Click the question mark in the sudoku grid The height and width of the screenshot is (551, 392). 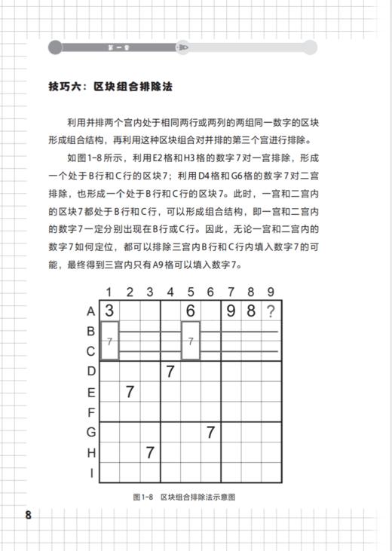tap(271, 311)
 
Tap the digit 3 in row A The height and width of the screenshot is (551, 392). tap(109, 311)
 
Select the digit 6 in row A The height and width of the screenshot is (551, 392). tap(191, 311)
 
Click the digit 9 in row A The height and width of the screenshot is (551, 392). tap(231, 311)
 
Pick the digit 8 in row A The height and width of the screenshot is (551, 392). tap(251, 311)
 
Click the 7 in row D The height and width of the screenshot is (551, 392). tap(170, 372)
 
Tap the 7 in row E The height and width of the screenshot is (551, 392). tap(130, 392)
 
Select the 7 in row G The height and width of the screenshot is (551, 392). tap(211, 433)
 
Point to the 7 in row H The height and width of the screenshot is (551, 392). tap(150, 453)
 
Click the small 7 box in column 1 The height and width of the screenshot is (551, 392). tap(109, 341)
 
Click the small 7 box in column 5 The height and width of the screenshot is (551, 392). tap(191, 341)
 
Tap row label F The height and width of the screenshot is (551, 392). tap(92, 412)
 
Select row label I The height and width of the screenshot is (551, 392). tap(92, 473)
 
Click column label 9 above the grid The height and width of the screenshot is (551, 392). tap(271, 292)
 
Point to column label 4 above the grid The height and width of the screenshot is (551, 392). tap(170, 292)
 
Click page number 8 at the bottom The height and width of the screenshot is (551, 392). tap(29, 516)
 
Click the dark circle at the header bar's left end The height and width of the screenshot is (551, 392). tap(55, 47)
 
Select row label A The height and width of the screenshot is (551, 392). tap(92, 311)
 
